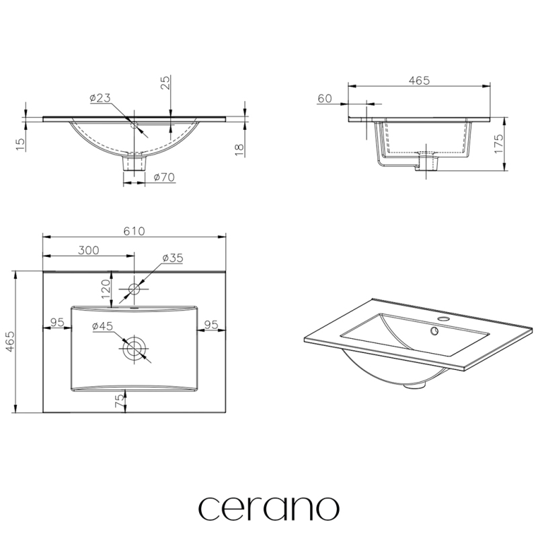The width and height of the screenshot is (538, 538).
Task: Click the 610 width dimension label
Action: coord(134,231)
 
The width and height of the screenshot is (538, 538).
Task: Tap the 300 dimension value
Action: coord(89,250)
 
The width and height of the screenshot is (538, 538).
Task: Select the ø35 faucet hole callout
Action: coord(173,258)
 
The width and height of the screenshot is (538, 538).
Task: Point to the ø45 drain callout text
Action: coord(102,326)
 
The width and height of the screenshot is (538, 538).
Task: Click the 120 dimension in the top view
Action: coord(106,289)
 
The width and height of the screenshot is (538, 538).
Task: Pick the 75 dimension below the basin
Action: coord(119,400)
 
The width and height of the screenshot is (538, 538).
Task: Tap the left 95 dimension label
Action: coord(57,323)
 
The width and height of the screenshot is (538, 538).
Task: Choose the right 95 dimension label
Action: coord(211,324)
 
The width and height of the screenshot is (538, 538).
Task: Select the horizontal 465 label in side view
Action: coord(419,80)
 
